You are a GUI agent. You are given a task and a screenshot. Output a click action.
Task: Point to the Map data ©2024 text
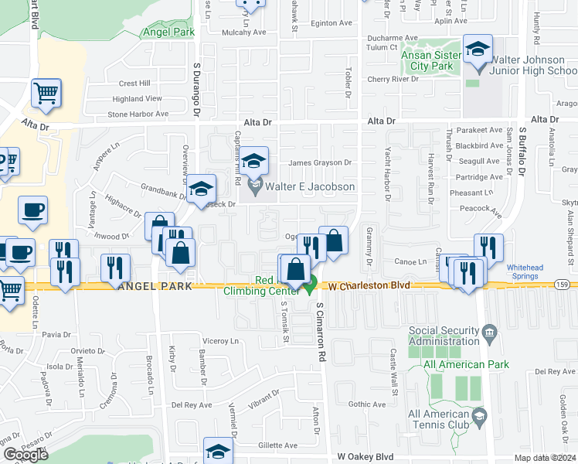point(544,458)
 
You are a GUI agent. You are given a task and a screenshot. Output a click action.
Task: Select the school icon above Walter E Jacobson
point(253,161)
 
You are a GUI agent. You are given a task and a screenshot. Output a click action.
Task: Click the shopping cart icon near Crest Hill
point(46,93)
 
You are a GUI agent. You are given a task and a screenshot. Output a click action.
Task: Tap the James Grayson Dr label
point(320,163)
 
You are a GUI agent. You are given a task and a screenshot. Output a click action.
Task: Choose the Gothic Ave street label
point(366,404)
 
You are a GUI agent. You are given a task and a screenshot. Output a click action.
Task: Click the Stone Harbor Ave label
point(138,114)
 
